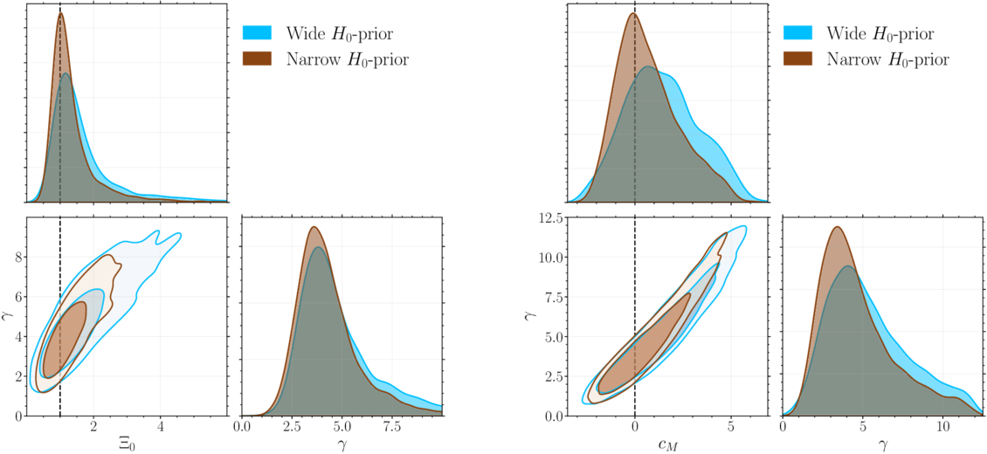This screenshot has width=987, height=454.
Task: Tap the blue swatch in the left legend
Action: [258, 32]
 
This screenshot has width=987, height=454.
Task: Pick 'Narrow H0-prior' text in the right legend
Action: [887, 59]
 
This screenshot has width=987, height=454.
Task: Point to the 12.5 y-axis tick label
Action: [549, 217]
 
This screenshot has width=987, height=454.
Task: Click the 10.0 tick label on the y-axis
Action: [549, 258]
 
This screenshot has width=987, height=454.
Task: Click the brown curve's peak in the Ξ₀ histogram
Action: [61, 12]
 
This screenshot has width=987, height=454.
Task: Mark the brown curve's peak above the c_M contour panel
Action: [633, 13]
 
